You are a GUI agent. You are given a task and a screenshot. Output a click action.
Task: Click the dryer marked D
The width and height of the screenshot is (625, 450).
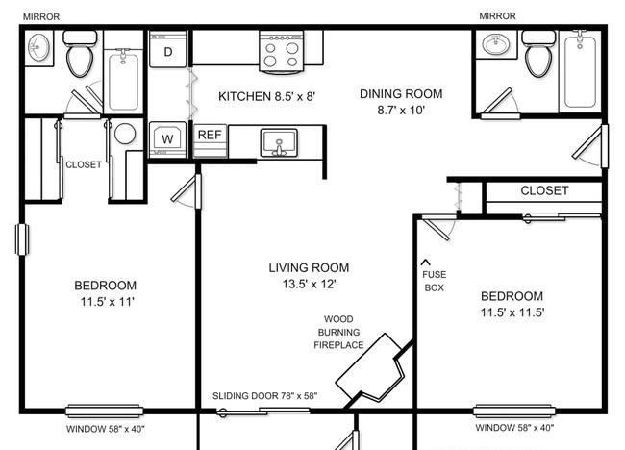[168, 49]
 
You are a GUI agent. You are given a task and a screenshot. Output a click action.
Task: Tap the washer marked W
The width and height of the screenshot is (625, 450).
[167, 139]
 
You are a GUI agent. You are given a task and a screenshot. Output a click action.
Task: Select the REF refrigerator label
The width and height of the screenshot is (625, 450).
[210, 135]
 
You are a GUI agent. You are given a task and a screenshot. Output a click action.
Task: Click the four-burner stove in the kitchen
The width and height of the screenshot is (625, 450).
[282, 53]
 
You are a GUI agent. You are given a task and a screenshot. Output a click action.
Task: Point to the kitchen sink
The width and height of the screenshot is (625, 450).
[279, 142]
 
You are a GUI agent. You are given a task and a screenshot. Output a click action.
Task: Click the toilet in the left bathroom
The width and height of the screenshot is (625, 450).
[80, 54]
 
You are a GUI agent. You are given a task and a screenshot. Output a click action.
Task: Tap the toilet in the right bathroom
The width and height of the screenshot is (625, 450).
[538, 54]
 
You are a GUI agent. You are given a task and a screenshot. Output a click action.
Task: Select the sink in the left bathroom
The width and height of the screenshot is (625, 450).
[39, 47]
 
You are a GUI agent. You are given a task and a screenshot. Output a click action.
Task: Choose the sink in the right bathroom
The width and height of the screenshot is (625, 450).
[495, 44]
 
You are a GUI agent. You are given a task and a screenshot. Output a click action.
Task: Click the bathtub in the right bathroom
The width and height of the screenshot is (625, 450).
[580, 71]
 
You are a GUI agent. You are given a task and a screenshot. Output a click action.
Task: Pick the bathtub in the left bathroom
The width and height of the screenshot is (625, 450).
[123, 80]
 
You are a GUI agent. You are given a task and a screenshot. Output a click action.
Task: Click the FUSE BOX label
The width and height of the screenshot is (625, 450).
[435, 281]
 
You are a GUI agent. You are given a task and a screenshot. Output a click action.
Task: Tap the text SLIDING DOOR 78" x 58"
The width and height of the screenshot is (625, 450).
[264, 396]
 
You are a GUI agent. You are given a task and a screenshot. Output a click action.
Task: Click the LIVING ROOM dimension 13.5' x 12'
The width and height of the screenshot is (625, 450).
[309, 285]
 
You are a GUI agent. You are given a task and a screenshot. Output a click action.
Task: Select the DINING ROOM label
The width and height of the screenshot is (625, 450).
[401, 94]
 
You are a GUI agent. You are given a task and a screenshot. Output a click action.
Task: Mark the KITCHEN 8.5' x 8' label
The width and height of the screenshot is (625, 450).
[266, 96]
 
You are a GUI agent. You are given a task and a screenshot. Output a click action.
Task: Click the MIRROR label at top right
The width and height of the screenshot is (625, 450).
[497, 16]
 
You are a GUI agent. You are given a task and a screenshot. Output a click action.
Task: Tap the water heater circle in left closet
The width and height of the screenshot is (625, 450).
[125, 134]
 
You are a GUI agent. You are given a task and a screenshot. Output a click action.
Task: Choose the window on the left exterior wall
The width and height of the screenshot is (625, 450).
[22, 239]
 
